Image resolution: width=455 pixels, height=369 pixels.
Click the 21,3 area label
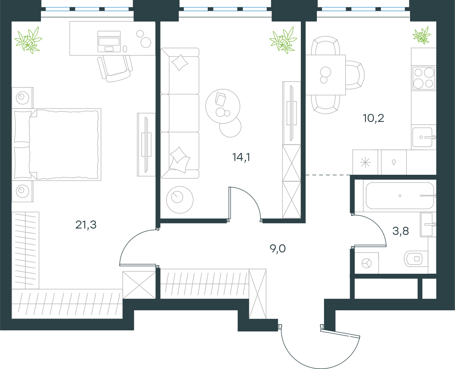(86, 225)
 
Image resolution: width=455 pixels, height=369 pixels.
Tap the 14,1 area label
(241, 157)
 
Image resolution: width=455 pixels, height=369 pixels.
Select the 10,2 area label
(373, 118)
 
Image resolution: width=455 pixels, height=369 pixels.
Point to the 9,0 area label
(278, 249)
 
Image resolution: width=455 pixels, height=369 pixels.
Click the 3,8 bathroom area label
(400, 231)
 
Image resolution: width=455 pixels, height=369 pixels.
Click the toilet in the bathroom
(416, 259)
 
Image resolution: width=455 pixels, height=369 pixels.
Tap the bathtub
(400, 196)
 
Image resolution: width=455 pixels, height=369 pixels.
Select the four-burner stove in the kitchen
(424, 78)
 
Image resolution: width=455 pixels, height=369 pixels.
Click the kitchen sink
(423, 137)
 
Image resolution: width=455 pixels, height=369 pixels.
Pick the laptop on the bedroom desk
(109, 42)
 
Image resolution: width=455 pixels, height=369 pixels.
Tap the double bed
(56, 144)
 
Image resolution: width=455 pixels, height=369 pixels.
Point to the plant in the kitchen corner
(422, 36)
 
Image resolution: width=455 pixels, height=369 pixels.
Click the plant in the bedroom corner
(28, 40)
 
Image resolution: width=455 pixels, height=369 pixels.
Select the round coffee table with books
(223, 106)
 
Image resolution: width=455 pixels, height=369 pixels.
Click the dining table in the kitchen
(325, 75)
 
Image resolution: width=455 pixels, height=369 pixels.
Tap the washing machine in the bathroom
(367, 263)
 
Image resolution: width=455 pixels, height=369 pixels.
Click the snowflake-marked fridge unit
(365, 162)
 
